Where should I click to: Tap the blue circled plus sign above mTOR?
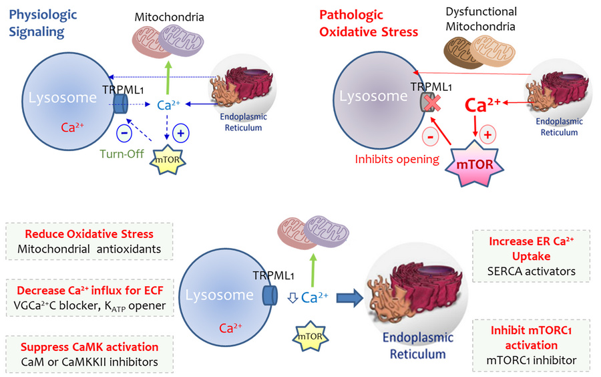[x=180, y=132]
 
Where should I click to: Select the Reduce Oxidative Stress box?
[x=89, y=242]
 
